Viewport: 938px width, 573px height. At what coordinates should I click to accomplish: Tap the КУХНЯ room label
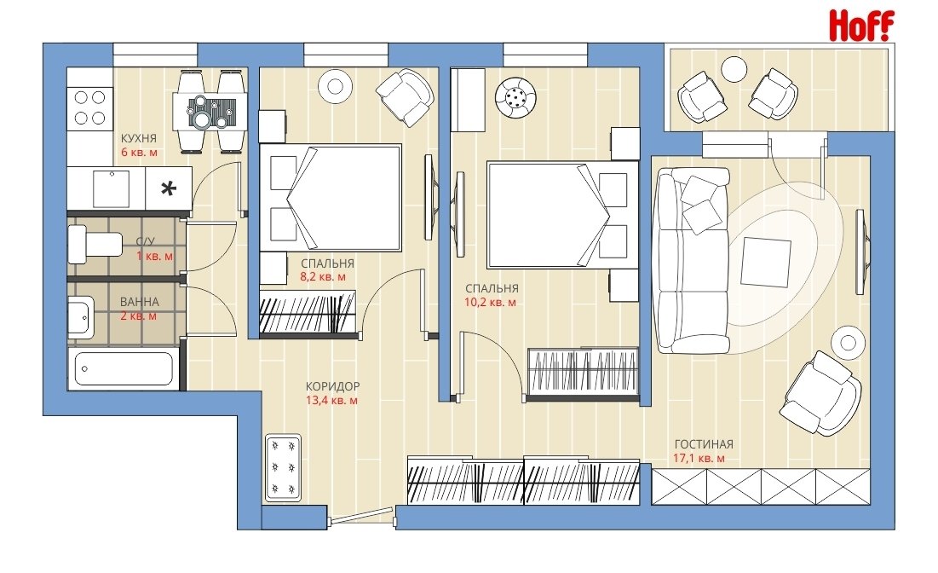[139, 139]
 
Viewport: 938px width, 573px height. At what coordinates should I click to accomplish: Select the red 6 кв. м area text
[140, 153]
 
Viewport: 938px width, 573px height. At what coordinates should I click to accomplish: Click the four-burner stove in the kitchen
[89, 107]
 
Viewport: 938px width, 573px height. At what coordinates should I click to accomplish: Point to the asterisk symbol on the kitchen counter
[170, 189]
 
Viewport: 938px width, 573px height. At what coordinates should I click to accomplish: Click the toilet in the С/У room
[95, 244]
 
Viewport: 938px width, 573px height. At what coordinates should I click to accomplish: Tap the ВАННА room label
[140, 303]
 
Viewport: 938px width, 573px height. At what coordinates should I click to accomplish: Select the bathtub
[124, 369]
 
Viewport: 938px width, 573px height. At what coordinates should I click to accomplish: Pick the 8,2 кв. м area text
[322, 277]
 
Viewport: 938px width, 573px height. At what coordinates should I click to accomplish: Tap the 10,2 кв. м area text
[490, 303]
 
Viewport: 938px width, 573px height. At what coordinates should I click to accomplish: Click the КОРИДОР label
[332, 387]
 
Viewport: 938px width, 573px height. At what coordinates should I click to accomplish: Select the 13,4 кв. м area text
[332, 401]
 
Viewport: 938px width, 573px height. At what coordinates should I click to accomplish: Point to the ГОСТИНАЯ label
[704, 445]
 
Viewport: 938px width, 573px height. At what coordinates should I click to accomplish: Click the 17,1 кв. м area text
[699, 459]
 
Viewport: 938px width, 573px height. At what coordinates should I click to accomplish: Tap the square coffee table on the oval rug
[766, 263]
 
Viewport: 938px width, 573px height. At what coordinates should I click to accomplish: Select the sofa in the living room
[693, 261]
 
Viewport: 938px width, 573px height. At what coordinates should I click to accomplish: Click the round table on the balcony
[734, 69]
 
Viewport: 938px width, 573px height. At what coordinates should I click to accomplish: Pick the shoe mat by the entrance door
[284, 467]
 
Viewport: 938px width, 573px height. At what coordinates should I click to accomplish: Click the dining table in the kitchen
[210, 112]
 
